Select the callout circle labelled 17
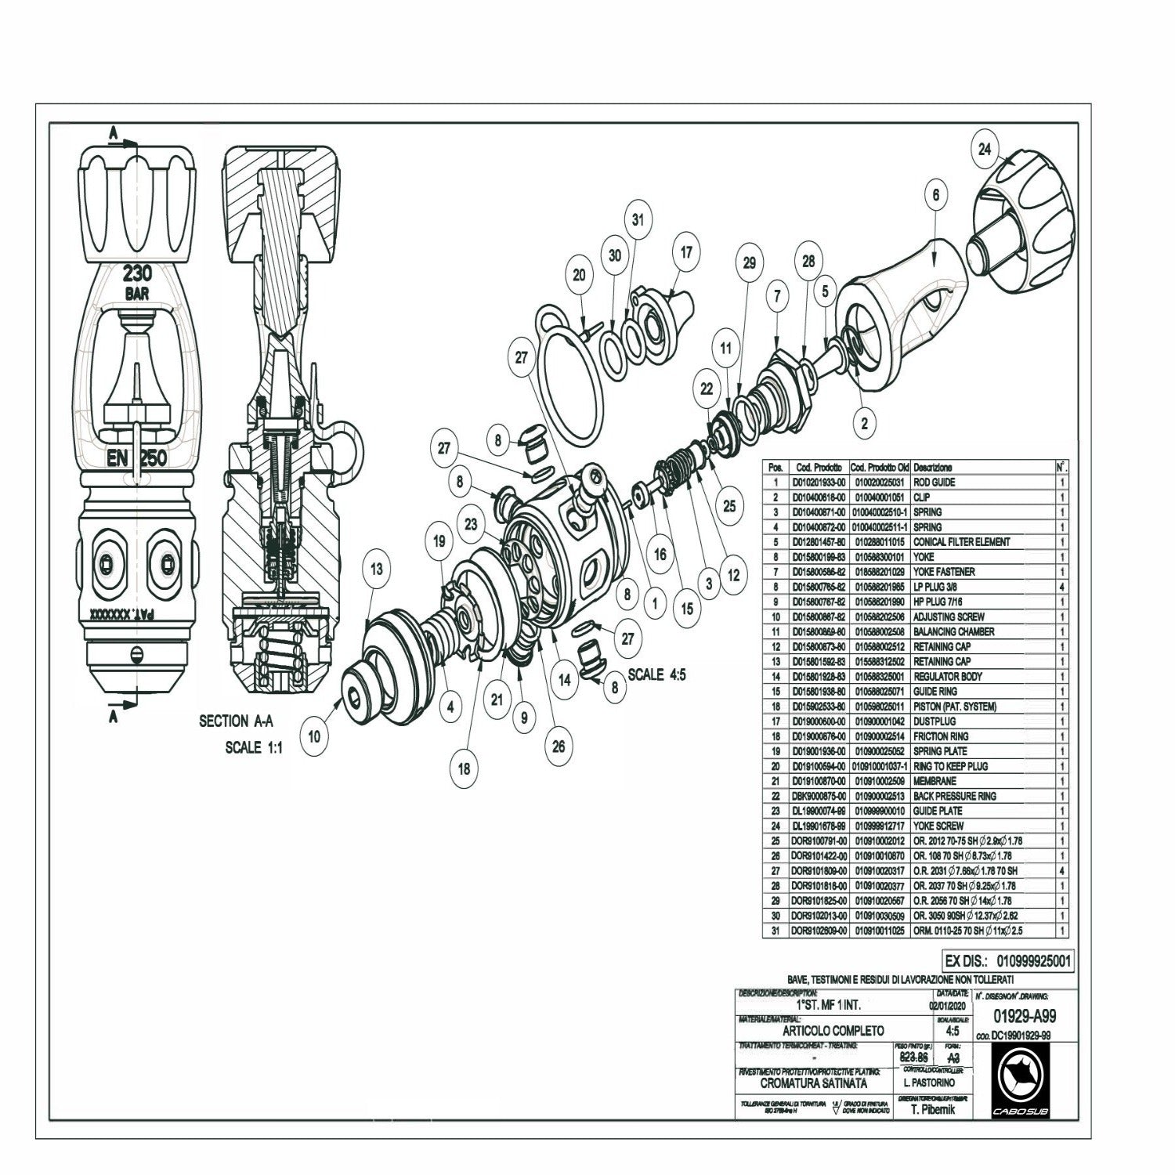686,252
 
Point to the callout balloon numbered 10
314,736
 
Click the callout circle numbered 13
377,569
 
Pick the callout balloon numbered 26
558,747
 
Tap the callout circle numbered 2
864,424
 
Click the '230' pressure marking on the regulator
137,275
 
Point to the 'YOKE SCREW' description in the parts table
938,826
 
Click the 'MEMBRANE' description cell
935,781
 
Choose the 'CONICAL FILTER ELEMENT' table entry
961,542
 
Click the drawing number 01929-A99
1024,1017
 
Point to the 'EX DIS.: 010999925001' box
1008,960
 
